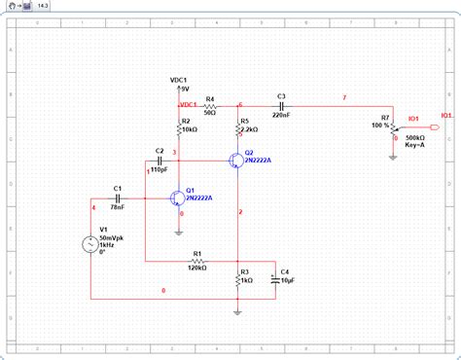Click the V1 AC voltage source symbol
pyautogui.click(x=89, y=244)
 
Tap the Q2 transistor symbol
pyautogui.click(x=236, y=161)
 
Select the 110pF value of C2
pyautogui.click(x=160, y=168)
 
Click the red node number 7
pyautogui.click(x=342, y=97)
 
